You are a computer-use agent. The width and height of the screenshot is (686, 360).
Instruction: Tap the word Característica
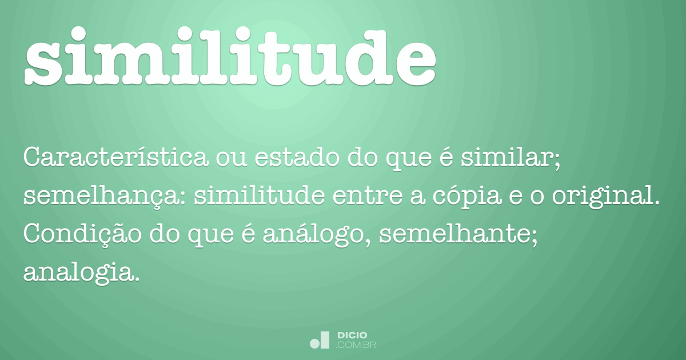click(115, 158)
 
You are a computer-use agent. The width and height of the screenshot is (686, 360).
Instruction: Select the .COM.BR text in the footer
click(356, 345)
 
